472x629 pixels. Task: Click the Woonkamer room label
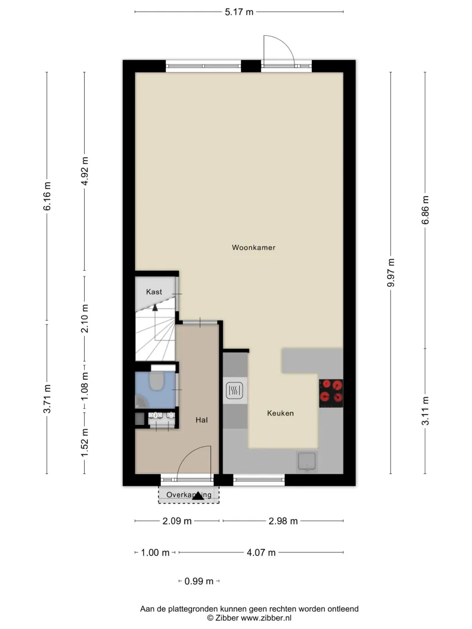click(x=254, y=248)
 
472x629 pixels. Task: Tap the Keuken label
click(x=281, y=413)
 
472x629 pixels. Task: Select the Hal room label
click(x=202, y=420)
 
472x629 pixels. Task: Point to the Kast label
click(x=154, y=292)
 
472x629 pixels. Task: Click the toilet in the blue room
click(x=156, y=381)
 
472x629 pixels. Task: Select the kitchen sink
click(x=307, y=461)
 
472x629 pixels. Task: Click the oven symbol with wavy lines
click(x=235, y=391)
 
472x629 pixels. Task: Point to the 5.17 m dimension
click(x=239, y=12)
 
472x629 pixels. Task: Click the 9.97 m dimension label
click(x=391, y=273)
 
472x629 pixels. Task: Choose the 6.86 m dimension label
click(x=425, y=210)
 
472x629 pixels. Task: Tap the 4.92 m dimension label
click(x=85, y=171)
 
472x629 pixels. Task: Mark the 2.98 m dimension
click(x=283, y=521)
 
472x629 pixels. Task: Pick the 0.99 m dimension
click(x=199, y=581)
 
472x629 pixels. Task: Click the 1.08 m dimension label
click(x=85, y=387)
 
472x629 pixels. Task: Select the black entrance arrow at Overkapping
click(x=198, y=496)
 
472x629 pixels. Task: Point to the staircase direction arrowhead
click(x=155, y=308)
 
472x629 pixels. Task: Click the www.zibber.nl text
click(x=266, y=618)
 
